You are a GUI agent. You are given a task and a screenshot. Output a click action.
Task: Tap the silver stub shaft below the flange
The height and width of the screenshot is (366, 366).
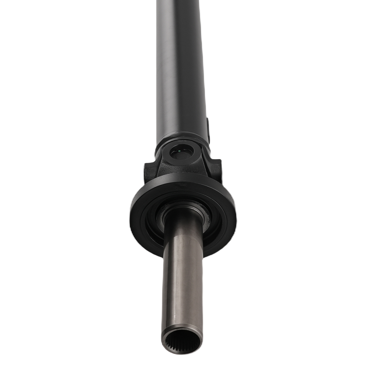coord(182,285)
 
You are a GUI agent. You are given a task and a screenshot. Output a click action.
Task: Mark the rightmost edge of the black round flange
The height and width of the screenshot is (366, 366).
coord(236,216)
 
